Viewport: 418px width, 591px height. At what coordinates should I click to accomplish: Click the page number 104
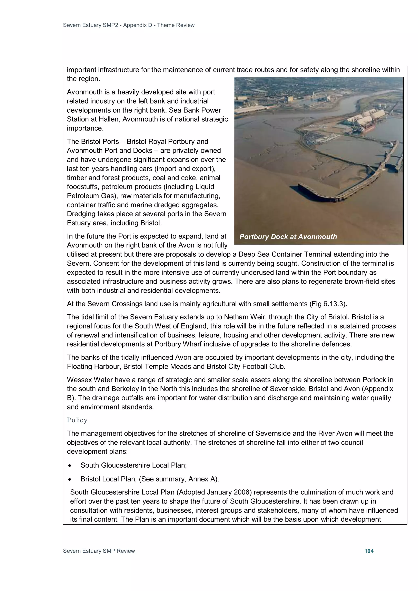pos(369,551)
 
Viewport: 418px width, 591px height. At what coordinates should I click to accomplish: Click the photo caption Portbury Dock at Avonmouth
pos(288,237)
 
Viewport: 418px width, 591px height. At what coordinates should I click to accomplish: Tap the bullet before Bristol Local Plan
pos(70,479)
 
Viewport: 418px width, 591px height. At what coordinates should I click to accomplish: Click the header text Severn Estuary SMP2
pos(90,25)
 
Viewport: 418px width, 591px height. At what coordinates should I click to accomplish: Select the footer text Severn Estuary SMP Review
pos(99,551)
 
